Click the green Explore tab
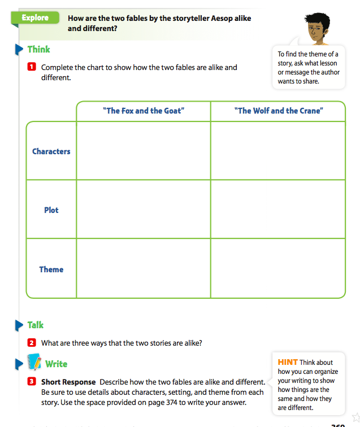tap(35, 18)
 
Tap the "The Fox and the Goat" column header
tap(143, 111)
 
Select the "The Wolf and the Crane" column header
tap(278, 111)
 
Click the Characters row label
tap(51, 151)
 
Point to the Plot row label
tap(51, 210)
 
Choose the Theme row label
tap(51, 269)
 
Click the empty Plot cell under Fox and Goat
tap(143, 210)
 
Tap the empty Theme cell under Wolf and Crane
tap(277, 268)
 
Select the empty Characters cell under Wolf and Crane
tap(277, 151)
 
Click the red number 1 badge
tap(32, 67)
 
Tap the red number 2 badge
tap(32, 343)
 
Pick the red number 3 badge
tap(32, 382)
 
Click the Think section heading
tap(38, 50)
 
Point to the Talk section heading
tap(35, 325)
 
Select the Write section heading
tap(56, 364)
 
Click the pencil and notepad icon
tap(34, 362)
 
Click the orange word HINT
tap(288, 363)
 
